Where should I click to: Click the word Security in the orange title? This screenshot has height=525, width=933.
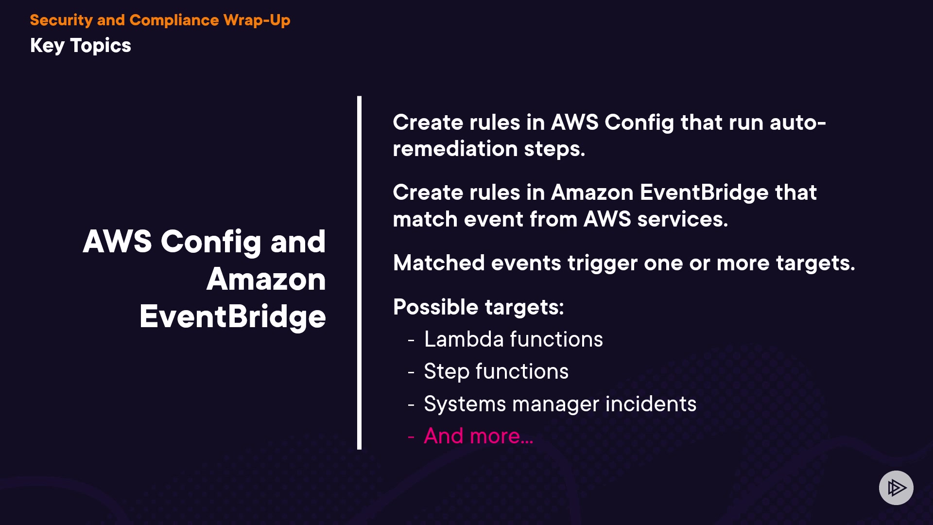61,20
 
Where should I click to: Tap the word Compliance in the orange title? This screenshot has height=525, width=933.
174,20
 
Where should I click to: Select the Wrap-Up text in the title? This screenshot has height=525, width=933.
257,20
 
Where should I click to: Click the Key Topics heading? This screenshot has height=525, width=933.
81,46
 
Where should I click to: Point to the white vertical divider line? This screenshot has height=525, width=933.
359,273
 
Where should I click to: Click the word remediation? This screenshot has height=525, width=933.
455,149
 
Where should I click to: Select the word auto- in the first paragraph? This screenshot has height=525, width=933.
798,122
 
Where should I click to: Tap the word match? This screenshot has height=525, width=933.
425,219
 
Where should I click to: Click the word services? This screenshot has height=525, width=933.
683,219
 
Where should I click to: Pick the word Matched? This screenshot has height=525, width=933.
439,263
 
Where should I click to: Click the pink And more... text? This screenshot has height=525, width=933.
479,436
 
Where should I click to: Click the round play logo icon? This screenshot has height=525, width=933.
896,488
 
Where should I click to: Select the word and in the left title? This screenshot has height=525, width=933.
298,242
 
